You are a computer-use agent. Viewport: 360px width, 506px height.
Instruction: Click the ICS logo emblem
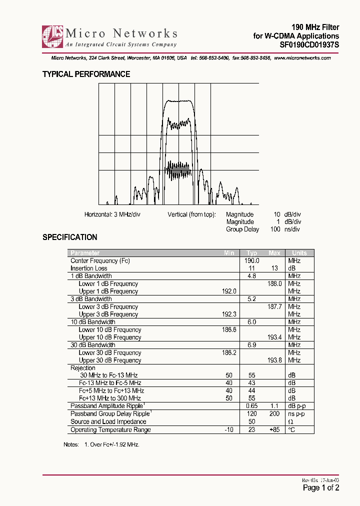pos(52,36)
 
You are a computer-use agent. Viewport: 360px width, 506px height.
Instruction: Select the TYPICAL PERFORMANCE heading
pos(86,74)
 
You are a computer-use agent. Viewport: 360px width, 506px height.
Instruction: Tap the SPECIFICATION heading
pos(69,237)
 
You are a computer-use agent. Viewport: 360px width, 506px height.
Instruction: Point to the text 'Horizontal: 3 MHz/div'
pos(112,214)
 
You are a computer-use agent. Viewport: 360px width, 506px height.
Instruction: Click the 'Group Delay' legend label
pos(242,229)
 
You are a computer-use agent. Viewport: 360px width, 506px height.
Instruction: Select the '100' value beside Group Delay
pos(274,229)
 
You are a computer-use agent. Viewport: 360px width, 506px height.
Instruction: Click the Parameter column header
pos(85,253)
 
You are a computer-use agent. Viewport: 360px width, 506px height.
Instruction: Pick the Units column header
pos(299,253)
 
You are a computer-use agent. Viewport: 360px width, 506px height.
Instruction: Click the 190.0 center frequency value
pos(251,261)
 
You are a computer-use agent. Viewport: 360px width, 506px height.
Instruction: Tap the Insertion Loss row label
pos(89,268)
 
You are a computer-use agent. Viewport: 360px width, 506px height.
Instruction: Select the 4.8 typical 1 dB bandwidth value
pos(251,276)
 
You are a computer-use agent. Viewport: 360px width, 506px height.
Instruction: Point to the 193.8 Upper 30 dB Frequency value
pos(274,360)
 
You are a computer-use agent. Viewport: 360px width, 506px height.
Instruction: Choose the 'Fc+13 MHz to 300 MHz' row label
pos(109,398)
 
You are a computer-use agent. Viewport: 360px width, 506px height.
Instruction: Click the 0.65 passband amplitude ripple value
pos(251,406)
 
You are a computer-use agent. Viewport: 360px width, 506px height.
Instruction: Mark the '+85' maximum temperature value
pos(274,430)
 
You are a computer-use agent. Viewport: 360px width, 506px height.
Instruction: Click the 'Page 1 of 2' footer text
pos(321,488)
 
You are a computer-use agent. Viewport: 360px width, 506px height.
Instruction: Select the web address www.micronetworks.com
pos(302,58)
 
